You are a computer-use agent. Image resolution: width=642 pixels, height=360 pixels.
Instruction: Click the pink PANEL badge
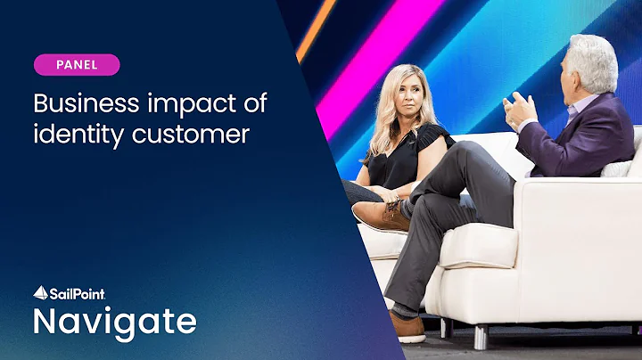click(77, 65)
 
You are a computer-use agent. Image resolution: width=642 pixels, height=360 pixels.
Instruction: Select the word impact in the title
click(190, 103)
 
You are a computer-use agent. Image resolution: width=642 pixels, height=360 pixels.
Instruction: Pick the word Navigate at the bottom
click(115, 322)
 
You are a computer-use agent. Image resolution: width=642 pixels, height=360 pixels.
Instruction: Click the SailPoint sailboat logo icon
click(41, 291)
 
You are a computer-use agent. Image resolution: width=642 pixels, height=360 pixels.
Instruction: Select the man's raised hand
click(523, 110)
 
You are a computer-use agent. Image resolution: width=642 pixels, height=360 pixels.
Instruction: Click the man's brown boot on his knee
click(380, 214)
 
